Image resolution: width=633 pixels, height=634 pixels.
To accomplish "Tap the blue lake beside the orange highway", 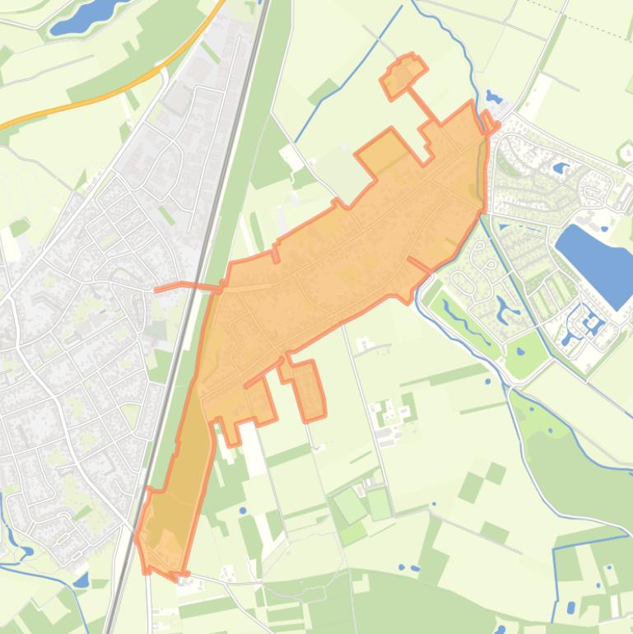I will (x=83, y=16).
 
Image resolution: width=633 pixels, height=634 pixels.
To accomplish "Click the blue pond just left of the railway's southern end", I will (x=80, y=580).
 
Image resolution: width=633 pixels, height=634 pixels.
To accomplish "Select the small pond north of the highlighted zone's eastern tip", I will (x=494, y=97).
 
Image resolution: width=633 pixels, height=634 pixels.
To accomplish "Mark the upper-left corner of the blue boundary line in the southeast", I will (x=556, y=548).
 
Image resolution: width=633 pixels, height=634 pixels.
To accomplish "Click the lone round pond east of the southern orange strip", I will (x=244, y=510).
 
